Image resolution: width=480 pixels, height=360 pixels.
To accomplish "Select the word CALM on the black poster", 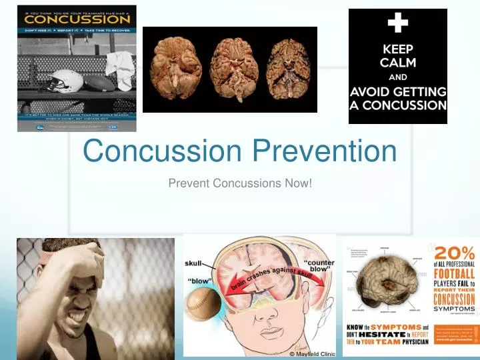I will point(397,63).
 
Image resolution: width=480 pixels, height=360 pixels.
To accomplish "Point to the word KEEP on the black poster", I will point(397,49).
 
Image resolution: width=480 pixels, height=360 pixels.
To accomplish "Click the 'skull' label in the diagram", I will point(193,263).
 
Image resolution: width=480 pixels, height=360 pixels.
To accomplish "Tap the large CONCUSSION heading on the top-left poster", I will point(77,20).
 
